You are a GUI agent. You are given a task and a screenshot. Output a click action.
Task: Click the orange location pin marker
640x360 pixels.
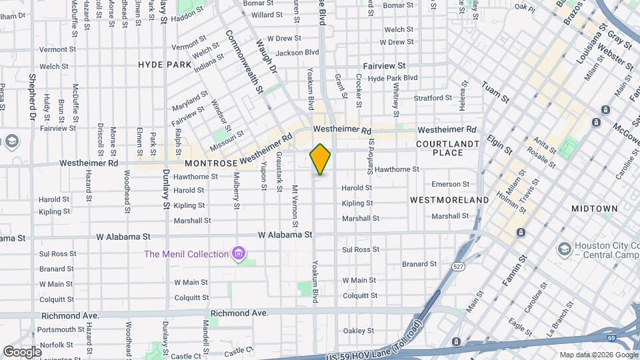pyautogui.click(x=320, y=159)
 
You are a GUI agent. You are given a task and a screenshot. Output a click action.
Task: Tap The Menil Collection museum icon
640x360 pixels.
pyautogui.click(x=237, y=253)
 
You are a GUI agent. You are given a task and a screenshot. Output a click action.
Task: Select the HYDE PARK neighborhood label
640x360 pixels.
pyautogui.click(x=165, y=65)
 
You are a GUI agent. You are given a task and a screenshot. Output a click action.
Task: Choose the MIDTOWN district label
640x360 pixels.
pyautogui.click(x=595, y=209)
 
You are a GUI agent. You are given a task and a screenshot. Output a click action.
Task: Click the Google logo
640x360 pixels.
pyautogui.click(x=22, y=351)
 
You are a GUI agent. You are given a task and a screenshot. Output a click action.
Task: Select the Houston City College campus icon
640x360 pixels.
pyautogui.click(x=563, y=249)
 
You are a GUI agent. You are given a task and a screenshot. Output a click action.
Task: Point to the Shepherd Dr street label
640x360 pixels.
pyautogui.click(x=31, y=93)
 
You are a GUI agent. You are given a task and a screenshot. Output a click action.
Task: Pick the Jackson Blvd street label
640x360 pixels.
pyautogui.click(x=297, y=52)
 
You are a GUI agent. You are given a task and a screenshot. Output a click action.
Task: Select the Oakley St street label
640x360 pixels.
pyautogui.click(x=358, y=331)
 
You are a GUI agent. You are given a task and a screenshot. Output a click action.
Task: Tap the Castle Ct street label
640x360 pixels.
pyautogui.click(x=240, y=349)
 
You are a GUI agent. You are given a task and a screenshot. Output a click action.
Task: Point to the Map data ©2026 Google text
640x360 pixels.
pyautogui.click(x=597, y=355)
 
